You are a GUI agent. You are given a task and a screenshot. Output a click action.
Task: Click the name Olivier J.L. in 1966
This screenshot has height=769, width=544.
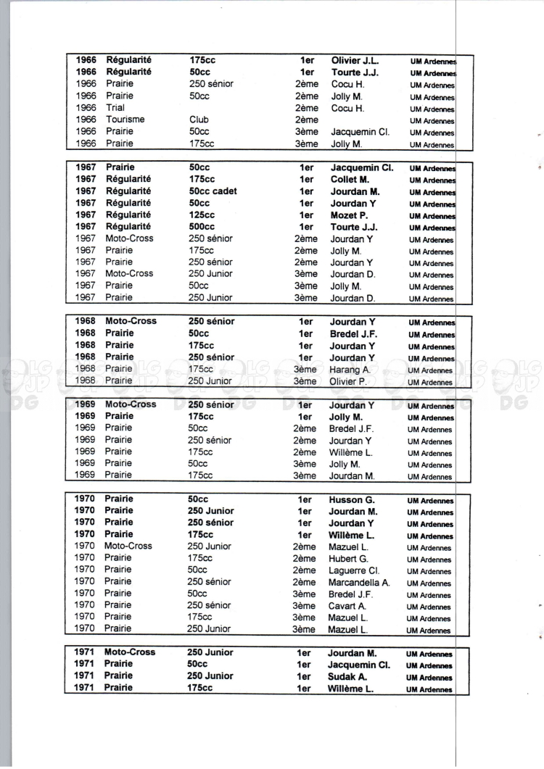(355, 60)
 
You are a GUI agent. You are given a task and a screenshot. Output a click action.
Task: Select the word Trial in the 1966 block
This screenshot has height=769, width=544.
(115, 108)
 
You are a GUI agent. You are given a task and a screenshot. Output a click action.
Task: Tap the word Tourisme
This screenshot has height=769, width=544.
(125, 120)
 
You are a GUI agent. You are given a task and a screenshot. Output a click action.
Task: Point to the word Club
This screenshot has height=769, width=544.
(199, 120)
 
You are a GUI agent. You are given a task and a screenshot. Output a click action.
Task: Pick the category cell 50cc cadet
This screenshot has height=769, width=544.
(213, 191)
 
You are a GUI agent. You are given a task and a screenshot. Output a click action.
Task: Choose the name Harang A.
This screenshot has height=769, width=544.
(350, 369)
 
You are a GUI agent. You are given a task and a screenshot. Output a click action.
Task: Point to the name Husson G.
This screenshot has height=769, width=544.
(351, 499)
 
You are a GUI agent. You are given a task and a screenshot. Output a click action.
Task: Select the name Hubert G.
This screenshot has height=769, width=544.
(349, 559)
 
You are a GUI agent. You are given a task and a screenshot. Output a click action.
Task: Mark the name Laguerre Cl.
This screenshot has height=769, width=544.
(355, 570)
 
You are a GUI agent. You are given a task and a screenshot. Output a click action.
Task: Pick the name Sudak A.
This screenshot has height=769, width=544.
(347, 676)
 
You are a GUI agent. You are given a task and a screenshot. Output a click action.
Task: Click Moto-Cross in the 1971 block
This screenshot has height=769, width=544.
(130, 652)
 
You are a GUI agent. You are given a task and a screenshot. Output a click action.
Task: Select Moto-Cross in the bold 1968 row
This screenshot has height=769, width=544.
(131, 321)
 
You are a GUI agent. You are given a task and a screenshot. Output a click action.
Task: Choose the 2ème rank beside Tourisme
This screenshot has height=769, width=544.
(307, 120)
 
